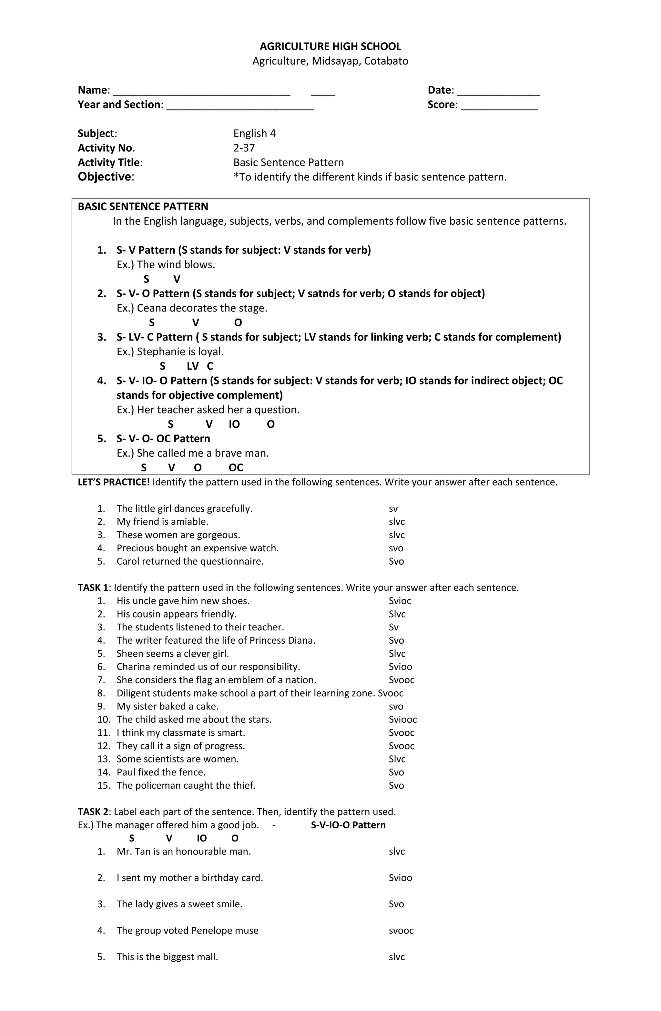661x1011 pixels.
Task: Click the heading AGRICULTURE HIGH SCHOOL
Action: (x=330, y=46)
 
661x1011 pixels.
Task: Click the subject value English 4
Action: (x=254, y=133)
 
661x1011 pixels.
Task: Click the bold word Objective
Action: (x=105, y=177)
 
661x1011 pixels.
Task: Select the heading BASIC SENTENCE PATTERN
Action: (x=143, y=207)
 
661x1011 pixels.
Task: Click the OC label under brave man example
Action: (x=236, y=468)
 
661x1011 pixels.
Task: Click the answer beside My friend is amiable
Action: (x=396, y=522)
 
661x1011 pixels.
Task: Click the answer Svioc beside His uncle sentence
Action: (x=400, y=601)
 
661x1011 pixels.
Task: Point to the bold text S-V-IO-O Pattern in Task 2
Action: (x=348, y=825)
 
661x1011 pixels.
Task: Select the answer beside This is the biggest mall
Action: (x=396, y=957)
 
